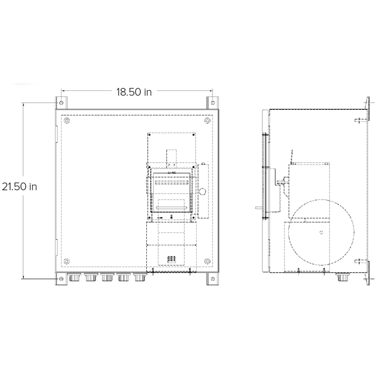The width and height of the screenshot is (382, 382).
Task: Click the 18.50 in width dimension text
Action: (133, 92)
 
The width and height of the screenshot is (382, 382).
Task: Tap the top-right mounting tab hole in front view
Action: (211, 102)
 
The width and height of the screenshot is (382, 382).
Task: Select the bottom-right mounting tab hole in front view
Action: (211, 278)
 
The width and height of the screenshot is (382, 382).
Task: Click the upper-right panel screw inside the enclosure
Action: (206, 121)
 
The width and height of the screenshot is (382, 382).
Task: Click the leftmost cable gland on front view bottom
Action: (75, 278)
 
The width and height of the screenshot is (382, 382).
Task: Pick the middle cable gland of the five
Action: (107, 278)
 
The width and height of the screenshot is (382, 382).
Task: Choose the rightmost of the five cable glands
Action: (140, 278)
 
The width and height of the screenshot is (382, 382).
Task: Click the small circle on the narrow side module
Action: (202, 192)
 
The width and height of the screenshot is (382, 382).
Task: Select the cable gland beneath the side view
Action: (340, 278)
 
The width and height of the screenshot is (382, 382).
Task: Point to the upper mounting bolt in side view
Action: (360, 120)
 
